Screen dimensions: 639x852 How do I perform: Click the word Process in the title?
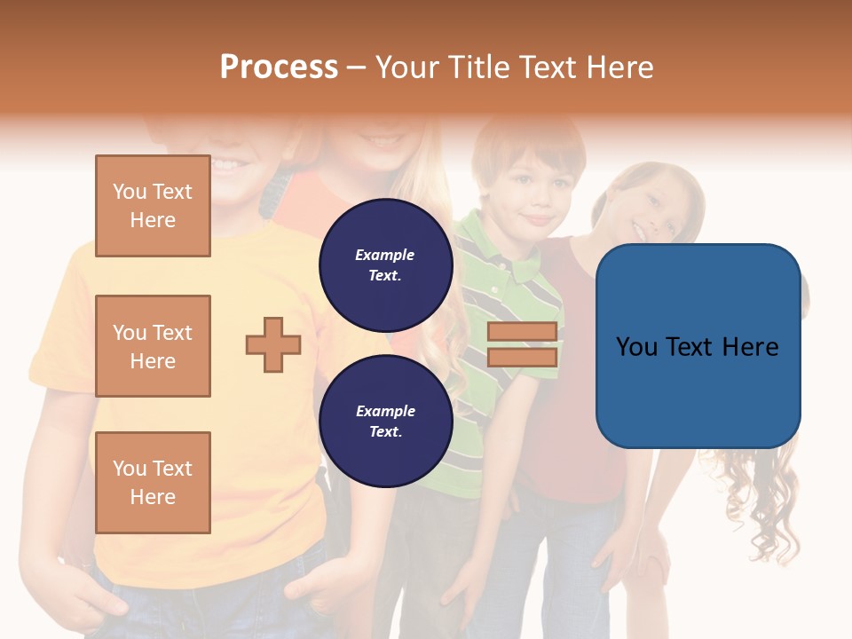click(279, 67)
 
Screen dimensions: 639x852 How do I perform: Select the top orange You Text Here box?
click(153, 206)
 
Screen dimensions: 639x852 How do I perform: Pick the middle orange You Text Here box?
click(153, 346)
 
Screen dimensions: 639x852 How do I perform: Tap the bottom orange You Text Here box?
click(153, 482)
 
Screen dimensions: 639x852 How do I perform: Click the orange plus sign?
click(273, 344)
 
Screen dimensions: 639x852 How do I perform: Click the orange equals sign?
click(522, 344)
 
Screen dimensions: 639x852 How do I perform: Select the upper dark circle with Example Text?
click(385, 264)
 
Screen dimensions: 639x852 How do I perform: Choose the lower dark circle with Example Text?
click(385, 421)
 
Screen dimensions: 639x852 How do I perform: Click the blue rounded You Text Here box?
click(698, 346)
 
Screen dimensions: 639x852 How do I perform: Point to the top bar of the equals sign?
click(522, 332)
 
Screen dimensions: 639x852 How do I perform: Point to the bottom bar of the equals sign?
click(522, 357)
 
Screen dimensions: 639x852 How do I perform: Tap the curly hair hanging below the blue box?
click(754, 497)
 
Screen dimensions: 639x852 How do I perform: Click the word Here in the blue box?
click(750, 346)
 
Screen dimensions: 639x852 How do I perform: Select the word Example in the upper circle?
click(385, 255)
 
